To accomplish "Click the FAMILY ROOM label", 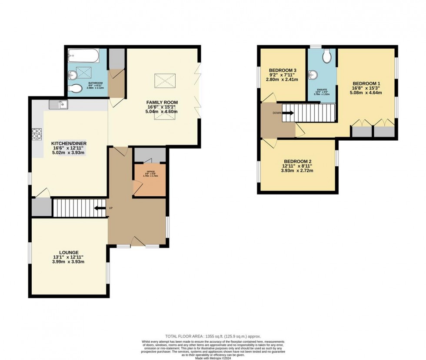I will point(162,102).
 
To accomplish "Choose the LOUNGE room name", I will point(69,252).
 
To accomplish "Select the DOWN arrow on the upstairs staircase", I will point(289,113).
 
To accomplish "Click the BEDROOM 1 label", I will point(366,83).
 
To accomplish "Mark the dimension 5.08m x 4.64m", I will point(366,92).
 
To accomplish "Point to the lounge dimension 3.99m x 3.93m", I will point(69,261).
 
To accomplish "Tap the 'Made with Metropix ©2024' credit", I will point(213,357).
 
